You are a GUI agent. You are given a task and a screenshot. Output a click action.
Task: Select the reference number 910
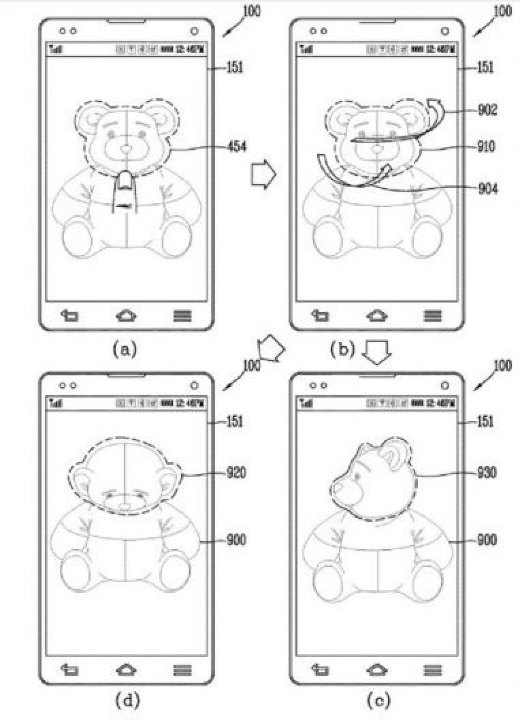coord(488,146)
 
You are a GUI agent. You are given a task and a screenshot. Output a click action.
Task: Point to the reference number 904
coord(488,189)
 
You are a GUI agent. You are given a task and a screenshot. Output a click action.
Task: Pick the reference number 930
coord(487,472)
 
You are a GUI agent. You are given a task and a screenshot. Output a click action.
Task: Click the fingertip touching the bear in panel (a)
coord(125,182)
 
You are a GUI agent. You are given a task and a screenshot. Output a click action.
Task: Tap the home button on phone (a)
coord(125,315)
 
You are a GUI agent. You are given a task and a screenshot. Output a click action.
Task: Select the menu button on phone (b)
coord(432,315)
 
